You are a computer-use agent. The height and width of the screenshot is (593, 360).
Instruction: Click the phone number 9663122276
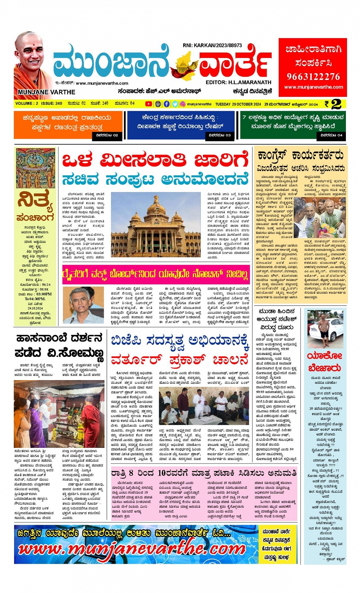[313, 77]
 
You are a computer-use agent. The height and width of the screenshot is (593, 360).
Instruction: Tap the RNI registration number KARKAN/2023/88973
[212, 45]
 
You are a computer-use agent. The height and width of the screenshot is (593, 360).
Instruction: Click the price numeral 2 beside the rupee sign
[336, 104]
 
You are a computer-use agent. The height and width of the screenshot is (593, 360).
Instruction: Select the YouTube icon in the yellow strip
[148, 104]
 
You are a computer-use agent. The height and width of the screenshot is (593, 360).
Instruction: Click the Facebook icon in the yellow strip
[166, 104]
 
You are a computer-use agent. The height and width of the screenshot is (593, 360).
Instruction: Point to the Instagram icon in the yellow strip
[183, 104]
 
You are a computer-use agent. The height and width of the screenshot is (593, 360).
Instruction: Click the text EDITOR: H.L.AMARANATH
[238, 82]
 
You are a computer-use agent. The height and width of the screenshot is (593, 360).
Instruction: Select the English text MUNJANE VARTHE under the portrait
[46, 92]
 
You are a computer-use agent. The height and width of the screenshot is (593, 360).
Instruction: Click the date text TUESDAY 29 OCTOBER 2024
[238, 104]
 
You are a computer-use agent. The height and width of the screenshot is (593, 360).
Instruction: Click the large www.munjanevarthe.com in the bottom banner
[132, 549]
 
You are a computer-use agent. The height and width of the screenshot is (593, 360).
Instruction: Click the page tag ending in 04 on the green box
[331, 135]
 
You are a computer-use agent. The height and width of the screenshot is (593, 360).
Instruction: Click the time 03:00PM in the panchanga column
[44, 294]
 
